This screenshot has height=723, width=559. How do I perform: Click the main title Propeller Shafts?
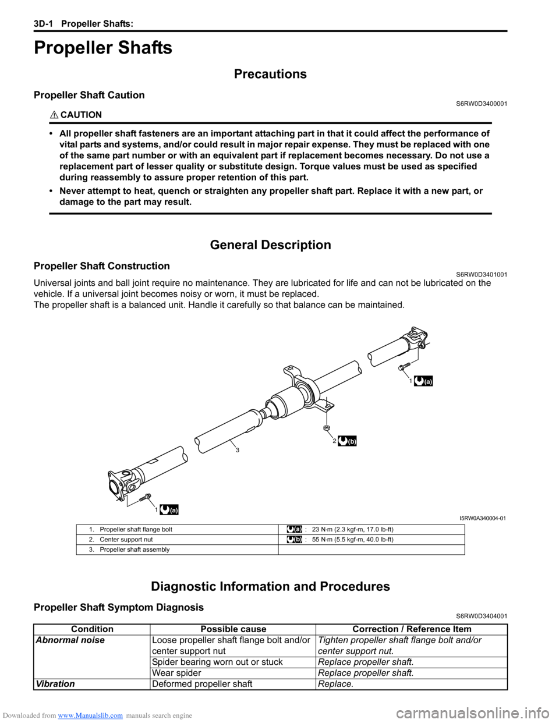(103, 48)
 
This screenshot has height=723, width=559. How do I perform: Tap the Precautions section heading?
(270, 74)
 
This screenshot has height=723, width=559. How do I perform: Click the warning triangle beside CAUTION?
(54, 115)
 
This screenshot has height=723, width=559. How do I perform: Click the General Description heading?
(270, 245)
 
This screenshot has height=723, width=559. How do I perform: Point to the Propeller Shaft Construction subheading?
(102, 266)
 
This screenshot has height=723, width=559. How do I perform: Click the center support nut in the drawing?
(327, 428)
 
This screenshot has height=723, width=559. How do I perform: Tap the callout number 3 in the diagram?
(237, 450)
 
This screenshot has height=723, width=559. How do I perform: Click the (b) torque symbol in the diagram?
(347, 441)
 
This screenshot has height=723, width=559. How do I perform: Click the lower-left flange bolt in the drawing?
(145, 498)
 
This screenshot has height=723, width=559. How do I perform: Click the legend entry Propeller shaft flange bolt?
(136, 530)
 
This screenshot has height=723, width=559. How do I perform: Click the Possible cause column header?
(233, 629)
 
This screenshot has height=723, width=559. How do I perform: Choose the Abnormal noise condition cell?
(70, 640)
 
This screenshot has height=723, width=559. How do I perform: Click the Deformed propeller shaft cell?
(202, 684)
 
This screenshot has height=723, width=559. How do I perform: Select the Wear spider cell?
(176, 673)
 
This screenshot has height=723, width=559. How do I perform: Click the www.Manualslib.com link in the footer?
(90, 715)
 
